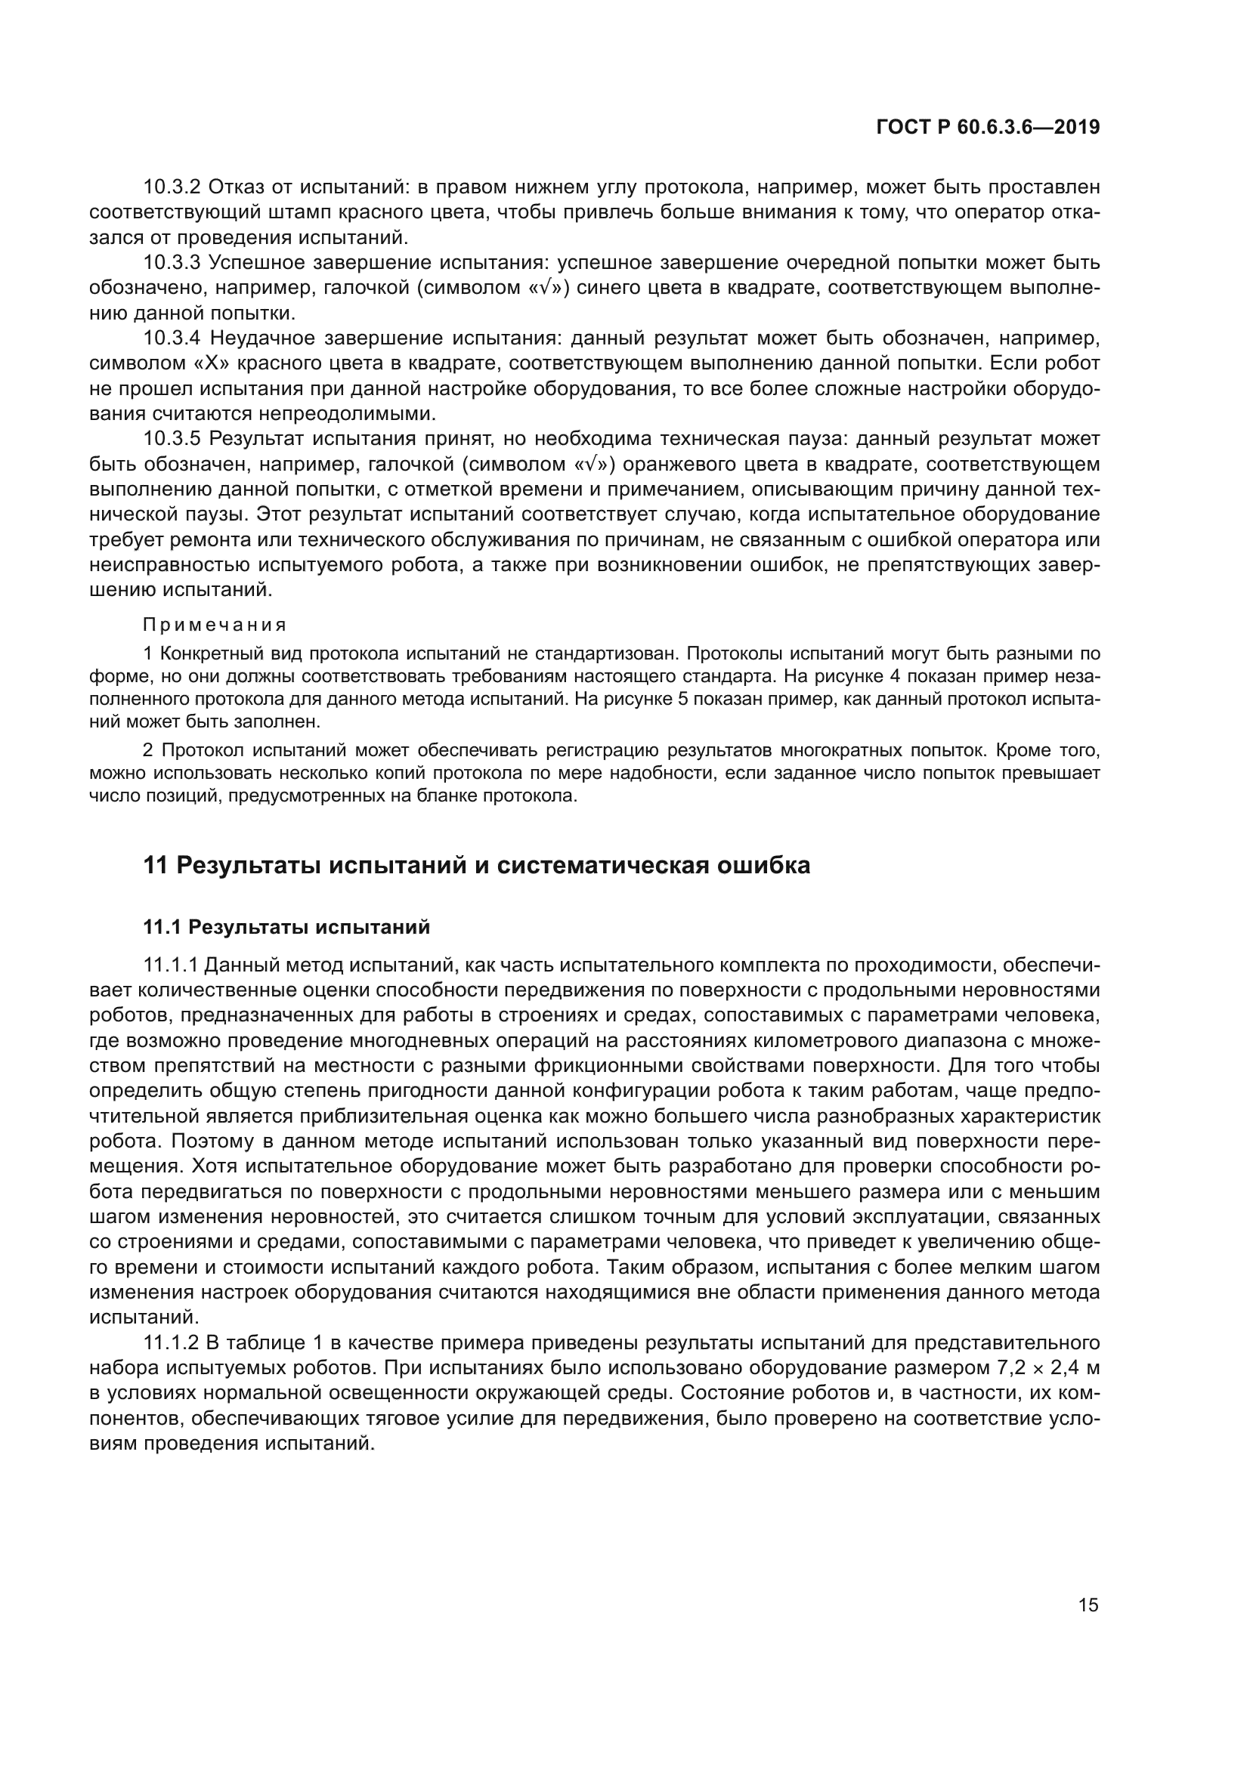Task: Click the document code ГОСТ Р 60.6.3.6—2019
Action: click(x=988, y=128)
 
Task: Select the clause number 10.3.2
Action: click(x=172, y=187)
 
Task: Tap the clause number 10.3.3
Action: click(x=172, y=263)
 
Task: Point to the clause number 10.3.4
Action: click(x=172, y=338)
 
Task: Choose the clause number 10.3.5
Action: click(x=172, y=440)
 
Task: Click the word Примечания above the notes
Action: click(x=215, y=624)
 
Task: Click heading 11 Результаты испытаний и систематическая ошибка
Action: click(x=476, y=865)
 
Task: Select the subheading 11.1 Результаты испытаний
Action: click(x=286, y=928)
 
